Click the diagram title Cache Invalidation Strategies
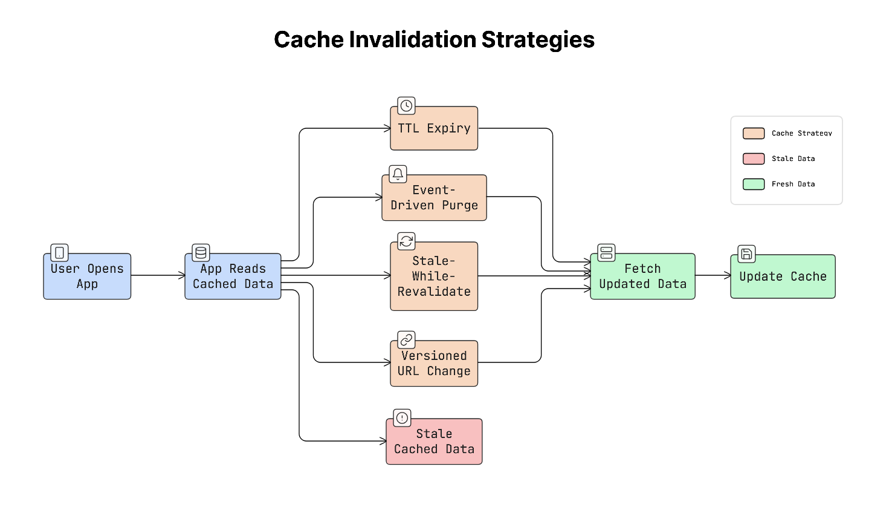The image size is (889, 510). click(434, 40)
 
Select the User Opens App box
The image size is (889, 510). click(87, 276)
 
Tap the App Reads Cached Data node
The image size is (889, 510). click(233, 276)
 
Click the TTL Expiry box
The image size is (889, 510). click(434, 128)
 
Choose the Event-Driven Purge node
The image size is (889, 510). click(434, 198)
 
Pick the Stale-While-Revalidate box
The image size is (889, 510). click(434, 276)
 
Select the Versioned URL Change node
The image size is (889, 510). click(434, 364)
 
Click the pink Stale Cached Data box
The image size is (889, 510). click(434, 442)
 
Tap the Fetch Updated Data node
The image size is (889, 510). click(642, 276)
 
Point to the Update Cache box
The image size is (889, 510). click(783, 276)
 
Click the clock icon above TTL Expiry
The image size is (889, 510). click(406, 106)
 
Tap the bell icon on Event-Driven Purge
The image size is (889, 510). click(398, 174)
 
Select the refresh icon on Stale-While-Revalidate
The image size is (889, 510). click(406, 241)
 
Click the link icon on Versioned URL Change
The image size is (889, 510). click(406, 340)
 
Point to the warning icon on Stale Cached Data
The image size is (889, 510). click(402, 418)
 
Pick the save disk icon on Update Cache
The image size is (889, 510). click(746, 254)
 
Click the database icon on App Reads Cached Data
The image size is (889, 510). click(201, 253)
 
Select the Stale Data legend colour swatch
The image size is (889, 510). click(754, 159)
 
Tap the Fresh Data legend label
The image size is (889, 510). click(793, 184)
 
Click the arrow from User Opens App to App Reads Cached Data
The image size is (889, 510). click(158, 275)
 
